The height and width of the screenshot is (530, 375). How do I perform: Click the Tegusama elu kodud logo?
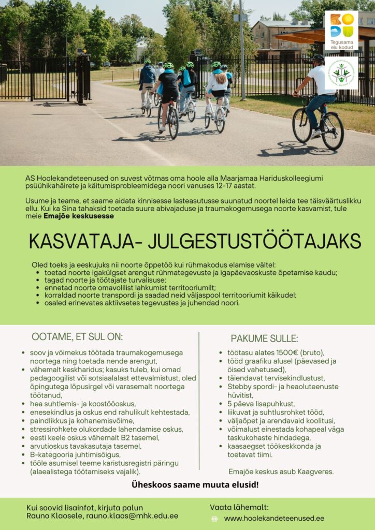point(341,30)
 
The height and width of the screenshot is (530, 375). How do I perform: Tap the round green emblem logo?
point(341,72)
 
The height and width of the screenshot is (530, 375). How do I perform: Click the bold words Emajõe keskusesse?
point(79,216)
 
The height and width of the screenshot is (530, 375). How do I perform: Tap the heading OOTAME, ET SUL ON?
point(77,337)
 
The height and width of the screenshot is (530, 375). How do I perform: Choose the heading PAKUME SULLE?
point(264,338)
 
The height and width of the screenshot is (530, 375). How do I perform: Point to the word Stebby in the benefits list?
point(239,386)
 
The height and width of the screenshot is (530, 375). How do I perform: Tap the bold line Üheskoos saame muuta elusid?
point(195,485)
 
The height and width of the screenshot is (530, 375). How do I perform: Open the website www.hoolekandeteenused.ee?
point(274,518)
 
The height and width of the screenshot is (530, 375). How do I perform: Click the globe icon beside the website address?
point(214,518)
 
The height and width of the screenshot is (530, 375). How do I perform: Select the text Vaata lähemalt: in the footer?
point(239,507)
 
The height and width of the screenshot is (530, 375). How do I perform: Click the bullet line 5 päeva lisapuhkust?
point(261,404)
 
